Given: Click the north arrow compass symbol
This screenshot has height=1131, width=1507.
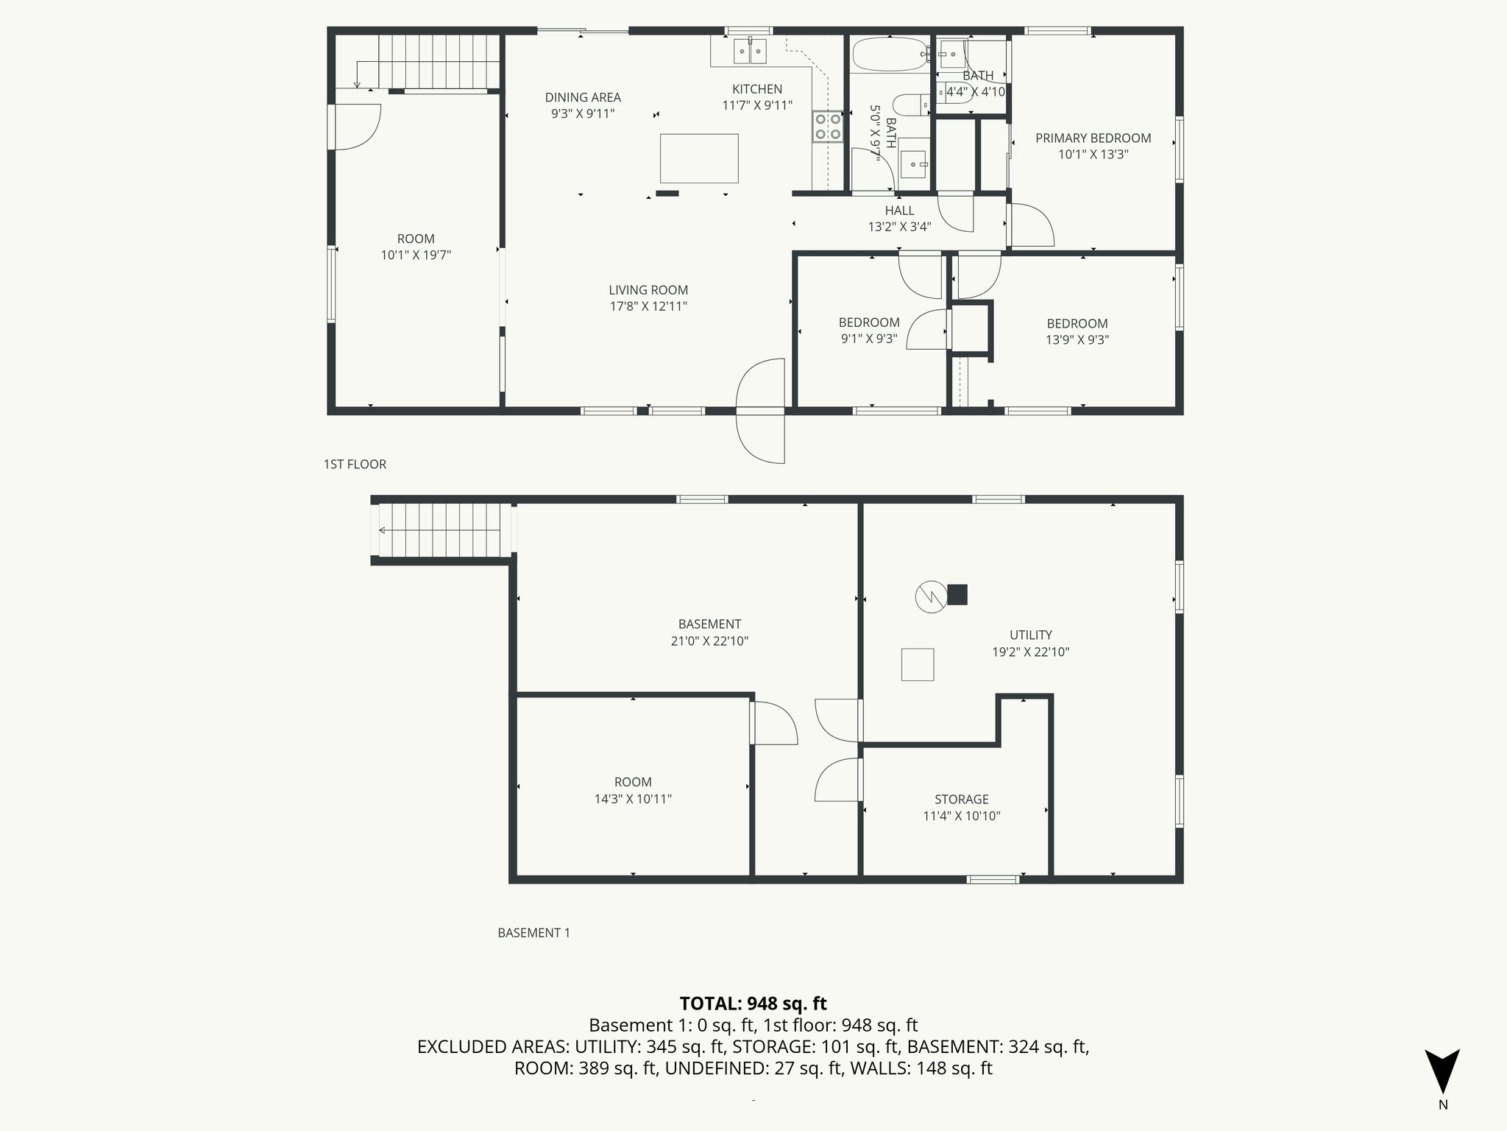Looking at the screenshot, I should [1442, 1072].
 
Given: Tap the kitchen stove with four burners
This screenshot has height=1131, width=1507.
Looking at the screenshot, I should [827, 127].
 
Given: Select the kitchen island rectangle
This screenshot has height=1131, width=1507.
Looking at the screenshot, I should [699, 158].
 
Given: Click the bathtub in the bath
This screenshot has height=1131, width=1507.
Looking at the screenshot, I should [890, 54].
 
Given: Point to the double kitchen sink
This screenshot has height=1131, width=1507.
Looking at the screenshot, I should [751, 51].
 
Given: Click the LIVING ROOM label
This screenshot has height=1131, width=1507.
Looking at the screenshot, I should [648, 290].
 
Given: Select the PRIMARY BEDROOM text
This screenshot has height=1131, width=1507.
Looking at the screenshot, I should [1093, 138].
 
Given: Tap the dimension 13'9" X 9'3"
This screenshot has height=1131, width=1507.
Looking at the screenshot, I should [1077, 340].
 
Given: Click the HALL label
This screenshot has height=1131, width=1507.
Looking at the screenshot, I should [899, 211].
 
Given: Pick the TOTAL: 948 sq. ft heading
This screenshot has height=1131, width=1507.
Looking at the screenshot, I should [753, 1004].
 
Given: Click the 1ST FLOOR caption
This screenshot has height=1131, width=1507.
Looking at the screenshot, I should [355, 464].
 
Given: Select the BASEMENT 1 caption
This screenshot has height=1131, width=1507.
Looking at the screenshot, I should [533, 933].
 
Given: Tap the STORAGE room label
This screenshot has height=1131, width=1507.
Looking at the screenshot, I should [961, 799].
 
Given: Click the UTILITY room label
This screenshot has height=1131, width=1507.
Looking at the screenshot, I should [1030, 635].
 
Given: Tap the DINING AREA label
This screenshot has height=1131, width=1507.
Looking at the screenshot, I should [583, 97].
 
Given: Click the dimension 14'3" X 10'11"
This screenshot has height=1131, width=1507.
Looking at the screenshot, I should [633, 799].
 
